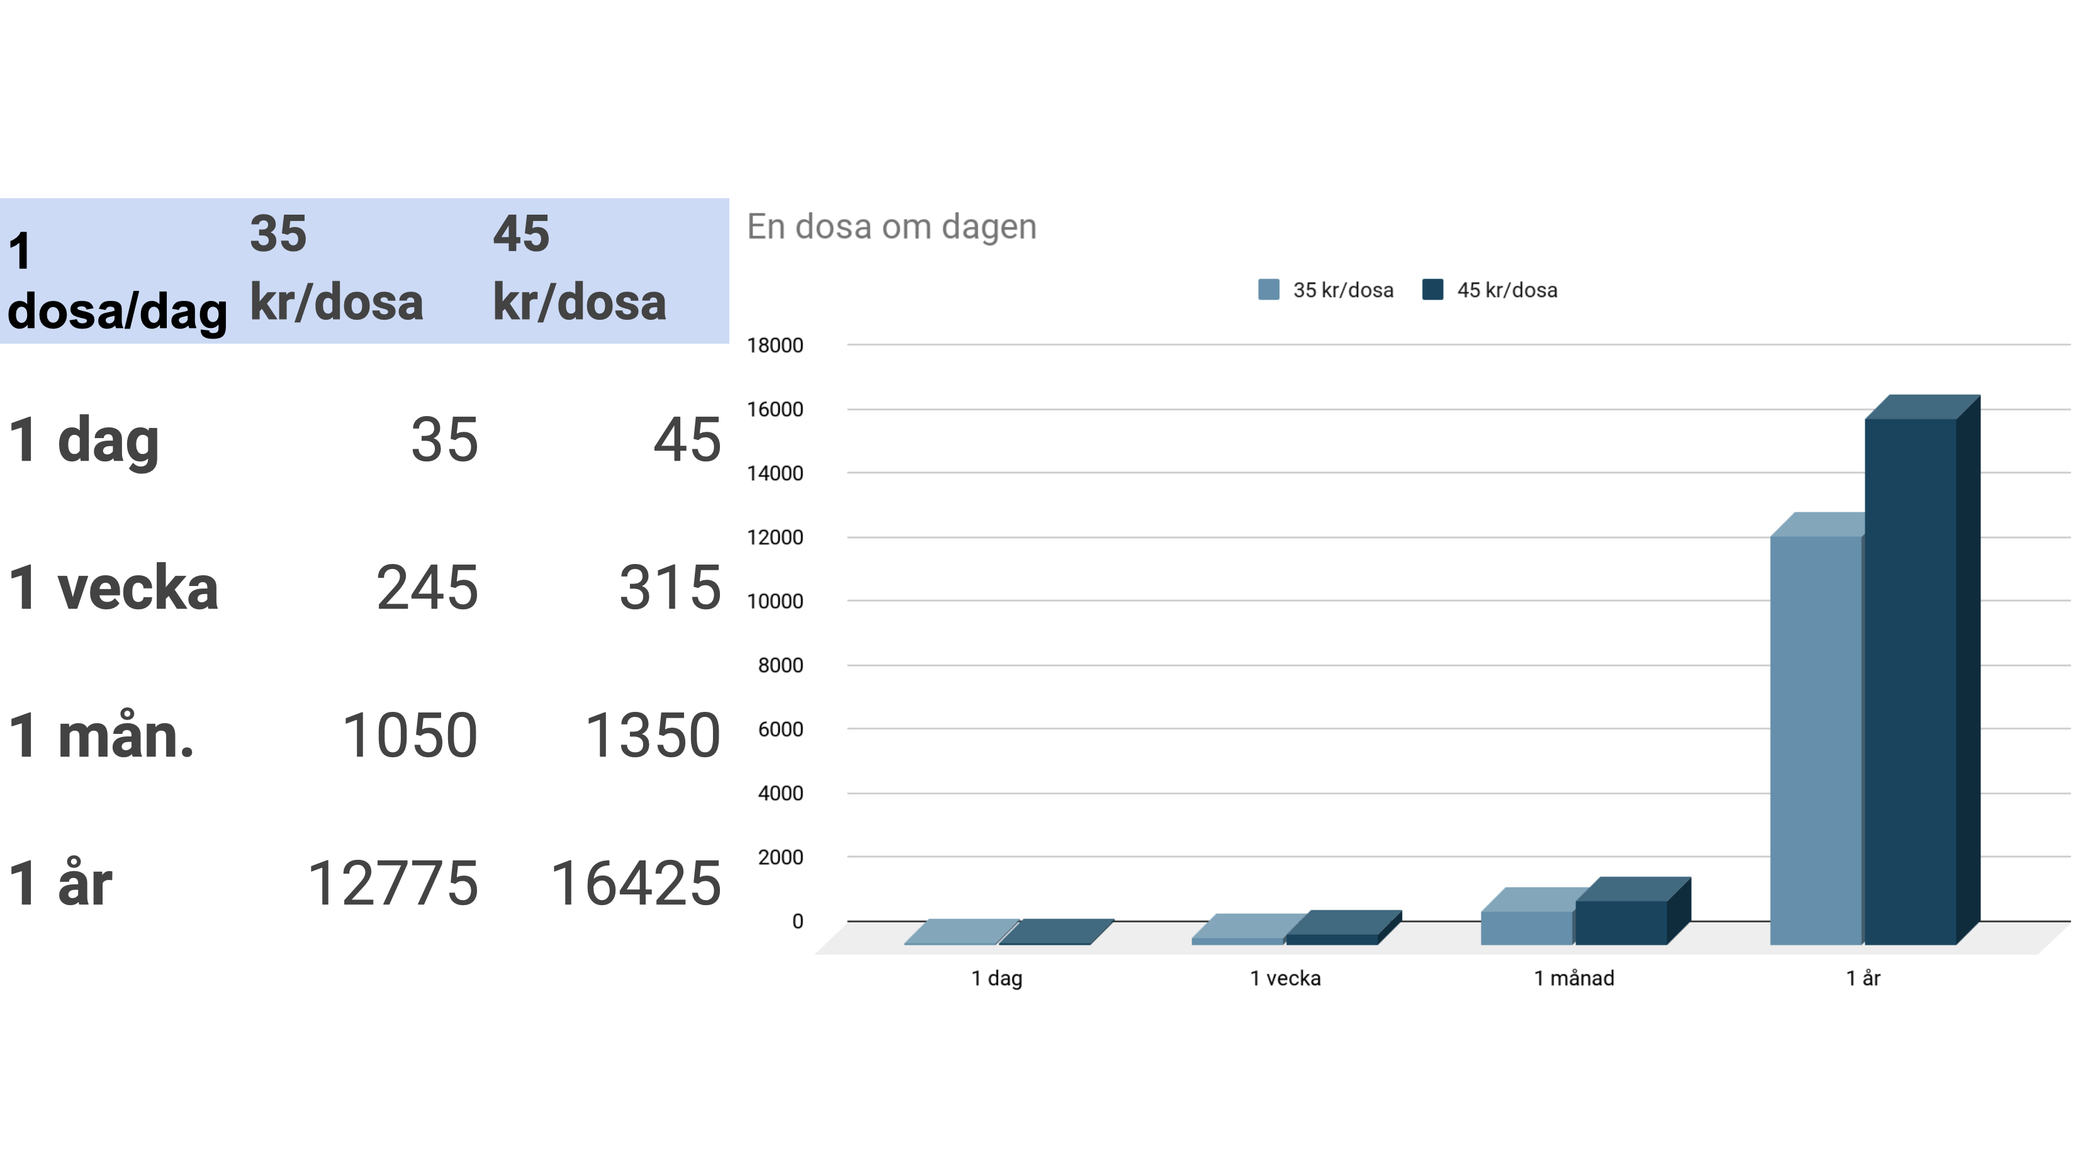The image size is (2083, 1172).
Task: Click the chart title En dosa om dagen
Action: (x=891, y=227)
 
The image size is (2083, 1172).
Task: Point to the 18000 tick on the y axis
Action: (x=775, y=346)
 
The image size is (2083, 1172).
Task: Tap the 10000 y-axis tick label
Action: (x=775, y=602)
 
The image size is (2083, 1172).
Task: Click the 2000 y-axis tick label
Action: (x=780, y=857)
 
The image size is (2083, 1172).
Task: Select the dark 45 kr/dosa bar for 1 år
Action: (x=1910, y=679)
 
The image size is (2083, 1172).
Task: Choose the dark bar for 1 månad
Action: (x=1620, y=922)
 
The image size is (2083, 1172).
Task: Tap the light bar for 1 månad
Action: (x=1527, y=928)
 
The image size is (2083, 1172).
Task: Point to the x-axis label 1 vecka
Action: (x=1285, y=979)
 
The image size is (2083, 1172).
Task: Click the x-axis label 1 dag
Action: (x=996, y=979)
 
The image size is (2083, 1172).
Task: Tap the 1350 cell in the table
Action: (x=652, y=736)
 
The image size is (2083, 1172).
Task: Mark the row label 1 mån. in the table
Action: (x=101, y=736)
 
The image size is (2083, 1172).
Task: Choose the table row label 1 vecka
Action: (x=113, y=588)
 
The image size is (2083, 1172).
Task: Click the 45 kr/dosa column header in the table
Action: (x=579, y=269)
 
